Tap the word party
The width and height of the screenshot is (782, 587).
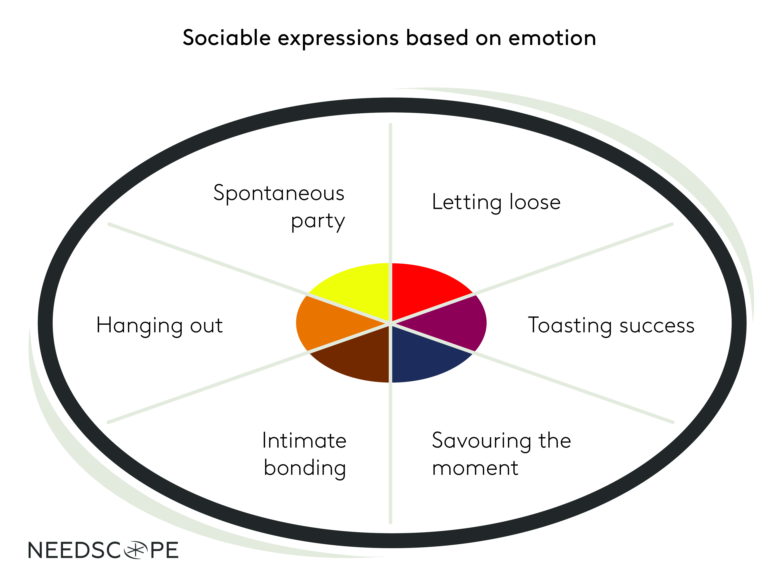318,222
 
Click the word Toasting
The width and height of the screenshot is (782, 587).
569,325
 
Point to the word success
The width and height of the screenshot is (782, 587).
657,325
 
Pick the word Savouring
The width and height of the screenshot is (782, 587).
481,441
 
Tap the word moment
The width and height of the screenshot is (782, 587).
475,468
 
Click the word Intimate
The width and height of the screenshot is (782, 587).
304,441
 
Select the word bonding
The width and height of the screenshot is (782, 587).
305,468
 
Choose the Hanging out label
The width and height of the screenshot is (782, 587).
159,325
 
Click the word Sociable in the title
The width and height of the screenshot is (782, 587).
227,38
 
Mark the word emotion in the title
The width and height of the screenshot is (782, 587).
552,38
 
